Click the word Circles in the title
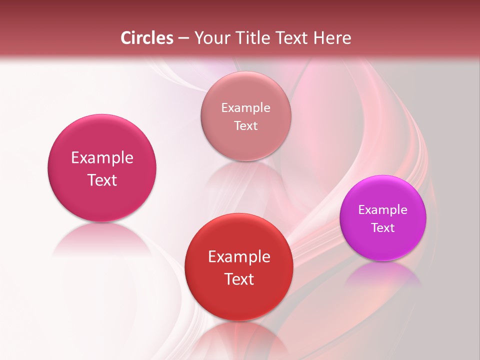146,38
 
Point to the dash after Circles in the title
183,38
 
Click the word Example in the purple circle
383,210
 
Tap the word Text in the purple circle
383,228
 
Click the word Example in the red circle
239,257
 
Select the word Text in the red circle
239,279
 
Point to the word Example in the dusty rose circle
246,108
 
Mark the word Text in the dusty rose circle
246,126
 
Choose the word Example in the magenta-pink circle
102,158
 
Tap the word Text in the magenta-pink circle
102,180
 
